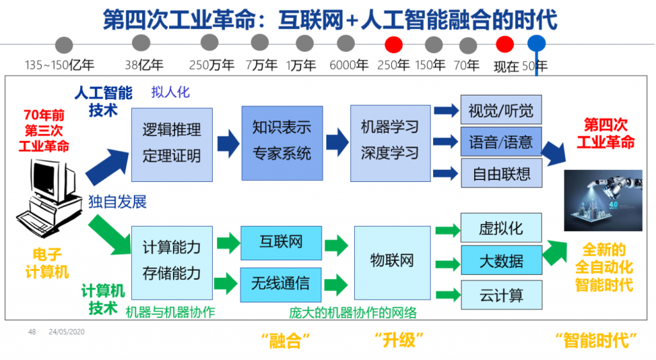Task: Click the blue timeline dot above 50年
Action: [537, 44]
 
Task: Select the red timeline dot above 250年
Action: [393, 44]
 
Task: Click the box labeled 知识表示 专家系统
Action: [281, 141]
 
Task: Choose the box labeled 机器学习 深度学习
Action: [390, 141]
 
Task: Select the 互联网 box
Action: [281, 242]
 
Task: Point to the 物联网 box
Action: [392, 261]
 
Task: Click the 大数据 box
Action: [501, 261]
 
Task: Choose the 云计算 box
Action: [501, 295]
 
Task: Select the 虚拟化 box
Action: [501, 228]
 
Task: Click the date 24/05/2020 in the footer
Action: [67, 332]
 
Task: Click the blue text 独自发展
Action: [118, 202]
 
